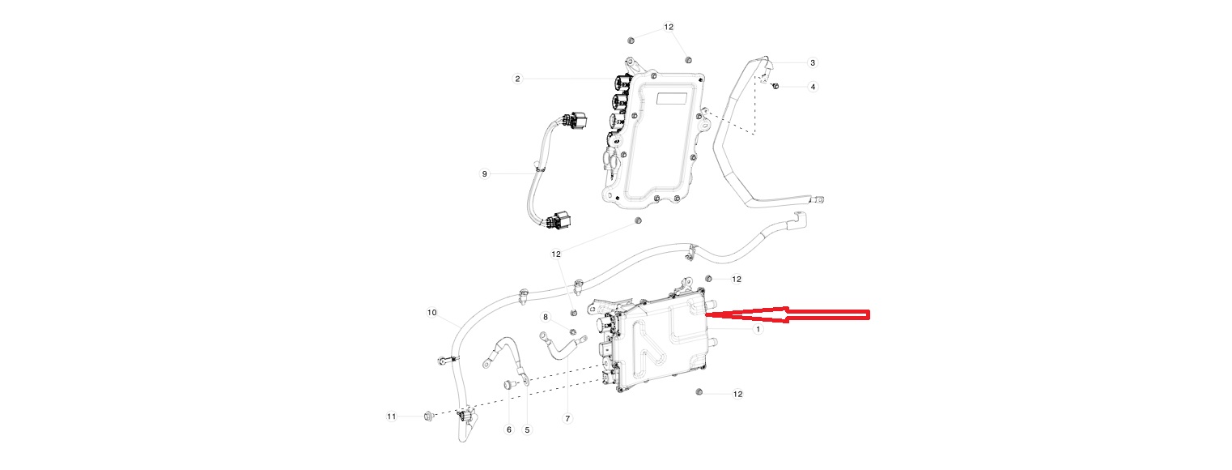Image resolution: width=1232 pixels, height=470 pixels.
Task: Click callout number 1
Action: [758, 329]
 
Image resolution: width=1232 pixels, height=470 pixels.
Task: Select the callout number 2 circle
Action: [517, 79]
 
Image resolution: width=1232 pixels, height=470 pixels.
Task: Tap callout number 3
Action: [813, 62]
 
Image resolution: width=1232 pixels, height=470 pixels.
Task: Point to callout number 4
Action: [813, 87]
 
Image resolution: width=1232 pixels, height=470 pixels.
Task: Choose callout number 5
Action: [527, 429]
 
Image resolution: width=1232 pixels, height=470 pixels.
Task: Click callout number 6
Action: [509, 429]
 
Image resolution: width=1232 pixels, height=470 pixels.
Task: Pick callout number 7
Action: [567, 419]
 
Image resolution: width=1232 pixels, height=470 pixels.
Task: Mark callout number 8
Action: [546, 317]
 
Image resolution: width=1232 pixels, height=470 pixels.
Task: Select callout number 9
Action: [484, 174]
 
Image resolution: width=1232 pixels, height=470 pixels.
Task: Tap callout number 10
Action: [431, 313]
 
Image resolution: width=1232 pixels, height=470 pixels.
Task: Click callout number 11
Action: [391, 417]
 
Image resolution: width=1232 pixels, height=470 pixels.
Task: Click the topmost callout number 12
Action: [669, 27]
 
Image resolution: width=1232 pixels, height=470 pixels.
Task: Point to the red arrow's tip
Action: [705, 314]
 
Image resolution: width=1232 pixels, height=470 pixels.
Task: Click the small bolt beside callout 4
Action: [775, 87]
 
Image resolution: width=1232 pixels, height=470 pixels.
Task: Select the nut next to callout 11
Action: [429, 416]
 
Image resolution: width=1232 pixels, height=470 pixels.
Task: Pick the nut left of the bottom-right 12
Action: [699, 392]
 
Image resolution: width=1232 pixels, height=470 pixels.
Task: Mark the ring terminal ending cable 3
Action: [819, 199]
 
